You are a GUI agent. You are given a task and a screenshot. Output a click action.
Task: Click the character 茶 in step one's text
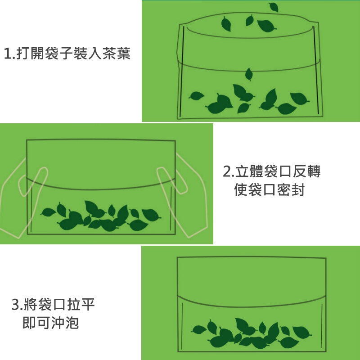click(109, 53)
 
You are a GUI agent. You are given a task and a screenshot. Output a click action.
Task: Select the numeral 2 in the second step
click(227, 171)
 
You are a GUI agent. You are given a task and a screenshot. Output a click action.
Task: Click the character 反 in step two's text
click(299, 171)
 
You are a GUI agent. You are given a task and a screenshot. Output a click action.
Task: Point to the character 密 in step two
click(284, 189)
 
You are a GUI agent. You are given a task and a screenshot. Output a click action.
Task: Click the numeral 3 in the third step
click(15, 305)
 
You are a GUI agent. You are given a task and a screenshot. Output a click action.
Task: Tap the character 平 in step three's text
click(87, 304)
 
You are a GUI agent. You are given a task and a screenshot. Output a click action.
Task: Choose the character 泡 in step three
click(72, 322)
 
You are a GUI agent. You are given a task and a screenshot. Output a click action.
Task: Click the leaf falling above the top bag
click(274, 7)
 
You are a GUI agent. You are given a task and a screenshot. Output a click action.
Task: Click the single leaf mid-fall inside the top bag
click(249, 74)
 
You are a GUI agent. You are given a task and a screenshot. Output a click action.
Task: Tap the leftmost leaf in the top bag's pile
click(196, 96)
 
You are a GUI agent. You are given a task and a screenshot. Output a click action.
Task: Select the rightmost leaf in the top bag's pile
click(299, 99)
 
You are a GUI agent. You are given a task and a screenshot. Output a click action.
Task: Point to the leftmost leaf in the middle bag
click(48, 212)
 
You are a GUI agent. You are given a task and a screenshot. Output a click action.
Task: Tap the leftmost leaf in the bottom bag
click(199, 330)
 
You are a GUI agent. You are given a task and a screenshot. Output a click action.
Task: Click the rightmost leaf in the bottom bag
click(302, 332)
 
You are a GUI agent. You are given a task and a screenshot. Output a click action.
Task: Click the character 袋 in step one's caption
click(51, 53)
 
